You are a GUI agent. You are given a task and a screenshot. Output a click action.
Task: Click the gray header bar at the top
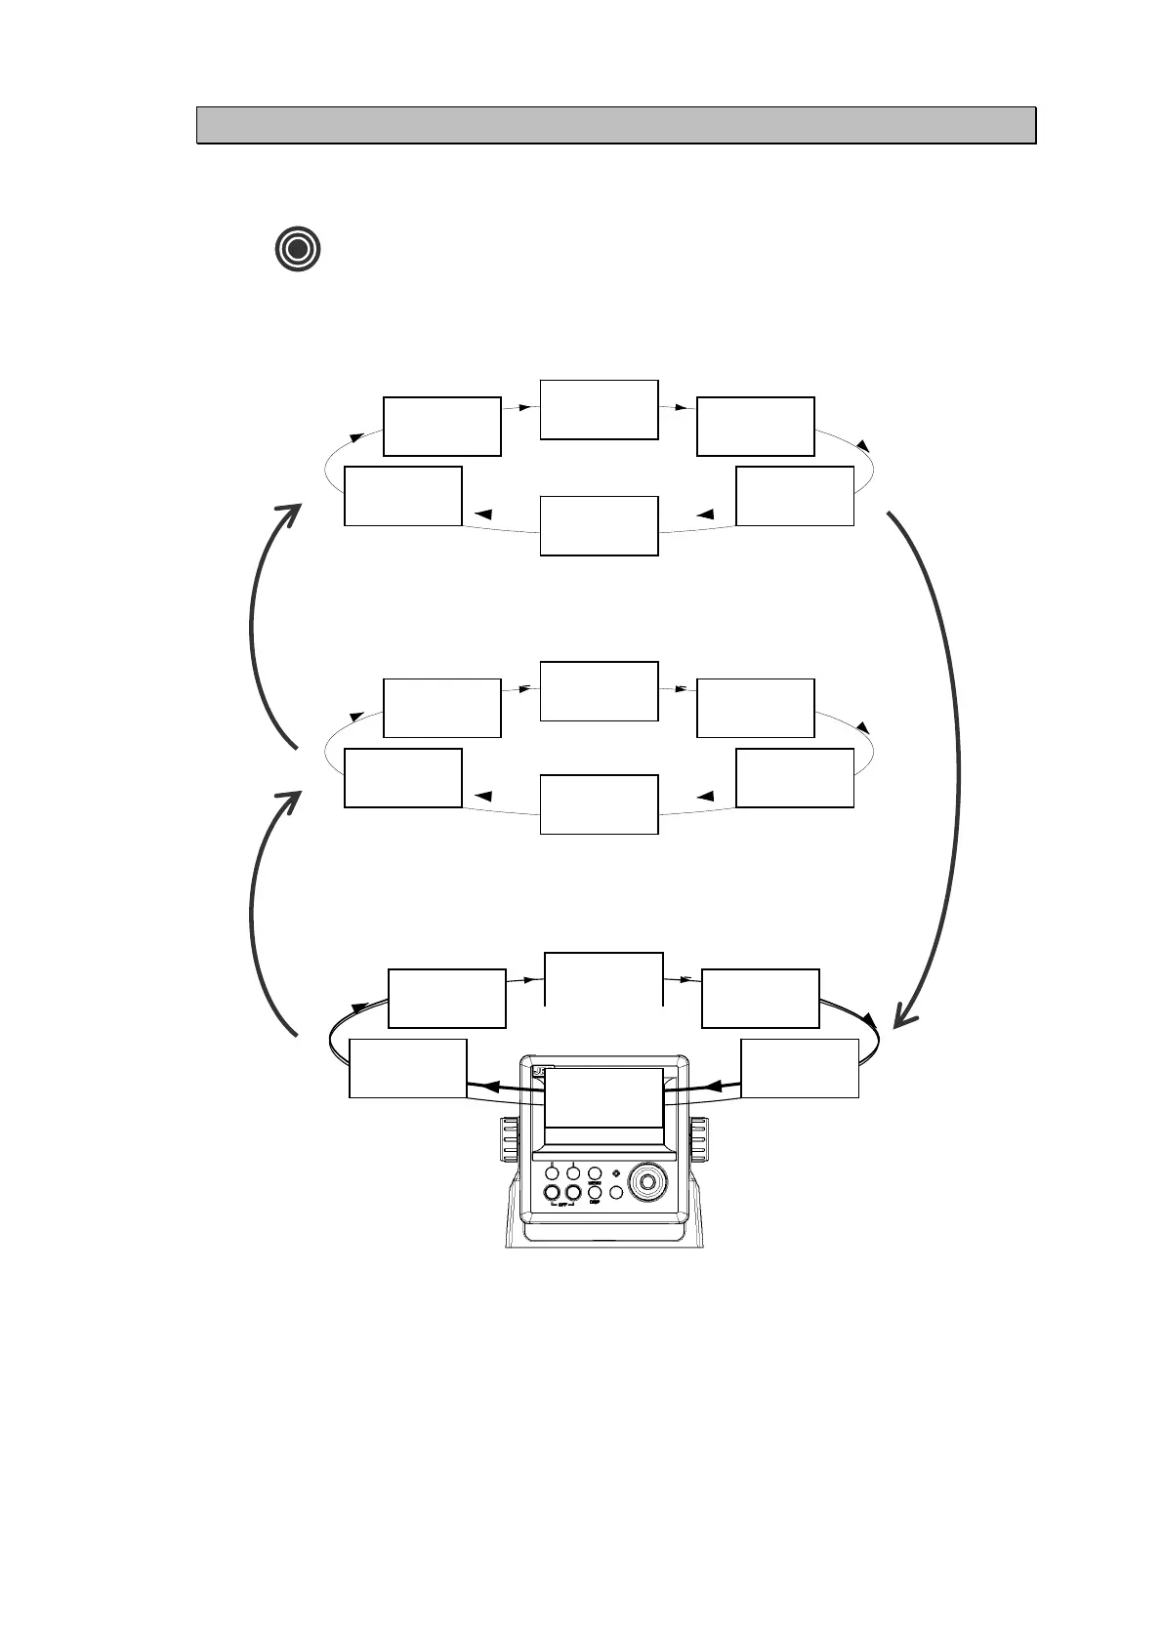tap(615, 125)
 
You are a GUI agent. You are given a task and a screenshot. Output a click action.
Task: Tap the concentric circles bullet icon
tap(298, 249)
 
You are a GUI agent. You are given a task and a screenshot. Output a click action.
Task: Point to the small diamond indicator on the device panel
tap(615, 1173)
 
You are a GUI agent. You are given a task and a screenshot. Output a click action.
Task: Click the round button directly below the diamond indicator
tap(616, 1192)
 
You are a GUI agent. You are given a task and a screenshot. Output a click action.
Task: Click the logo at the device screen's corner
tap(538, 1071)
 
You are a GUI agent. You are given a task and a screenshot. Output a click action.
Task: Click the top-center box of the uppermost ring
tap(599, 409)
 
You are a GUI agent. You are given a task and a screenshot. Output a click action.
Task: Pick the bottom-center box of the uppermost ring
tap(599, 525)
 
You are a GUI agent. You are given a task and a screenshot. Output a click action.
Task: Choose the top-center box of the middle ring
tap(599, 691)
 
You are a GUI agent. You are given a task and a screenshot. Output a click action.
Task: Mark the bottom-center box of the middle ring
tap(599, 803)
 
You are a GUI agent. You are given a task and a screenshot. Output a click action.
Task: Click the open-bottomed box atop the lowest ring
tap(603, 978)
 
